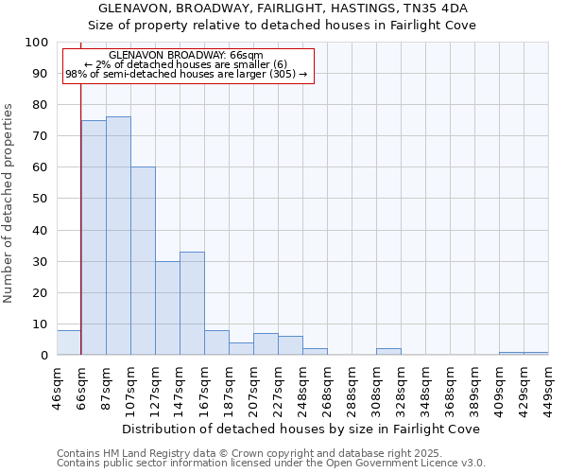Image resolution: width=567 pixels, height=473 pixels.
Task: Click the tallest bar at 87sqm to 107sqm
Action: tap(118, 236)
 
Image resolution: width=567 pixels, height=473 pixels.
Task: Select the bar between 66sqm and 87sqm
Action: tap(94, 237)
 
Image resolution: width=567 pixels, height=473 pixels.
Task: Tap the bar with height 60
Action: tap(143, 261)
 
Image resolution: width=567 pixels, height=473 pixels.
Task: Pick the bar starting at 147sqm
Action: tap(192, 304)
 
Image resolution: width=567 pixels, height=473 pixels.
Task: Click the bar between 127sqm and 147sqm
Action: tap(167, 308)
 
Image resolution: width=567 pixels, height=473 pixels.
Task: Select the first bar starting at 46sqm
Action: tap(68, 342)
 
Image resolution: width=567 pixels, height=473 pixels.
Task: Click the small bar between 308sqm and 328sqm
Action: tap(388, 352)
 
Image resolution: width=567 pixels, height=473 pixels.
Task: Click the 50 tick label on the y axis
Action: tap(40, 199)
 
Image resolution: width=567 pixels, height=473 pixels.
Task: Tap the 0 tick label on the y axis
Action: tap(43, 356)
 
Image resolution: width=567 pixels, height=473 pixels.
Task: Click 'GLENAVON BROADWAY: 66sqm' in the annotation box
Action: tap(186, 56)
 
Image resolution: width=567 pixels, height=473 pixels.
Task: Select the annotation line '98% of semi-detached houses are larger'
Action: tap(186, 74)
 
